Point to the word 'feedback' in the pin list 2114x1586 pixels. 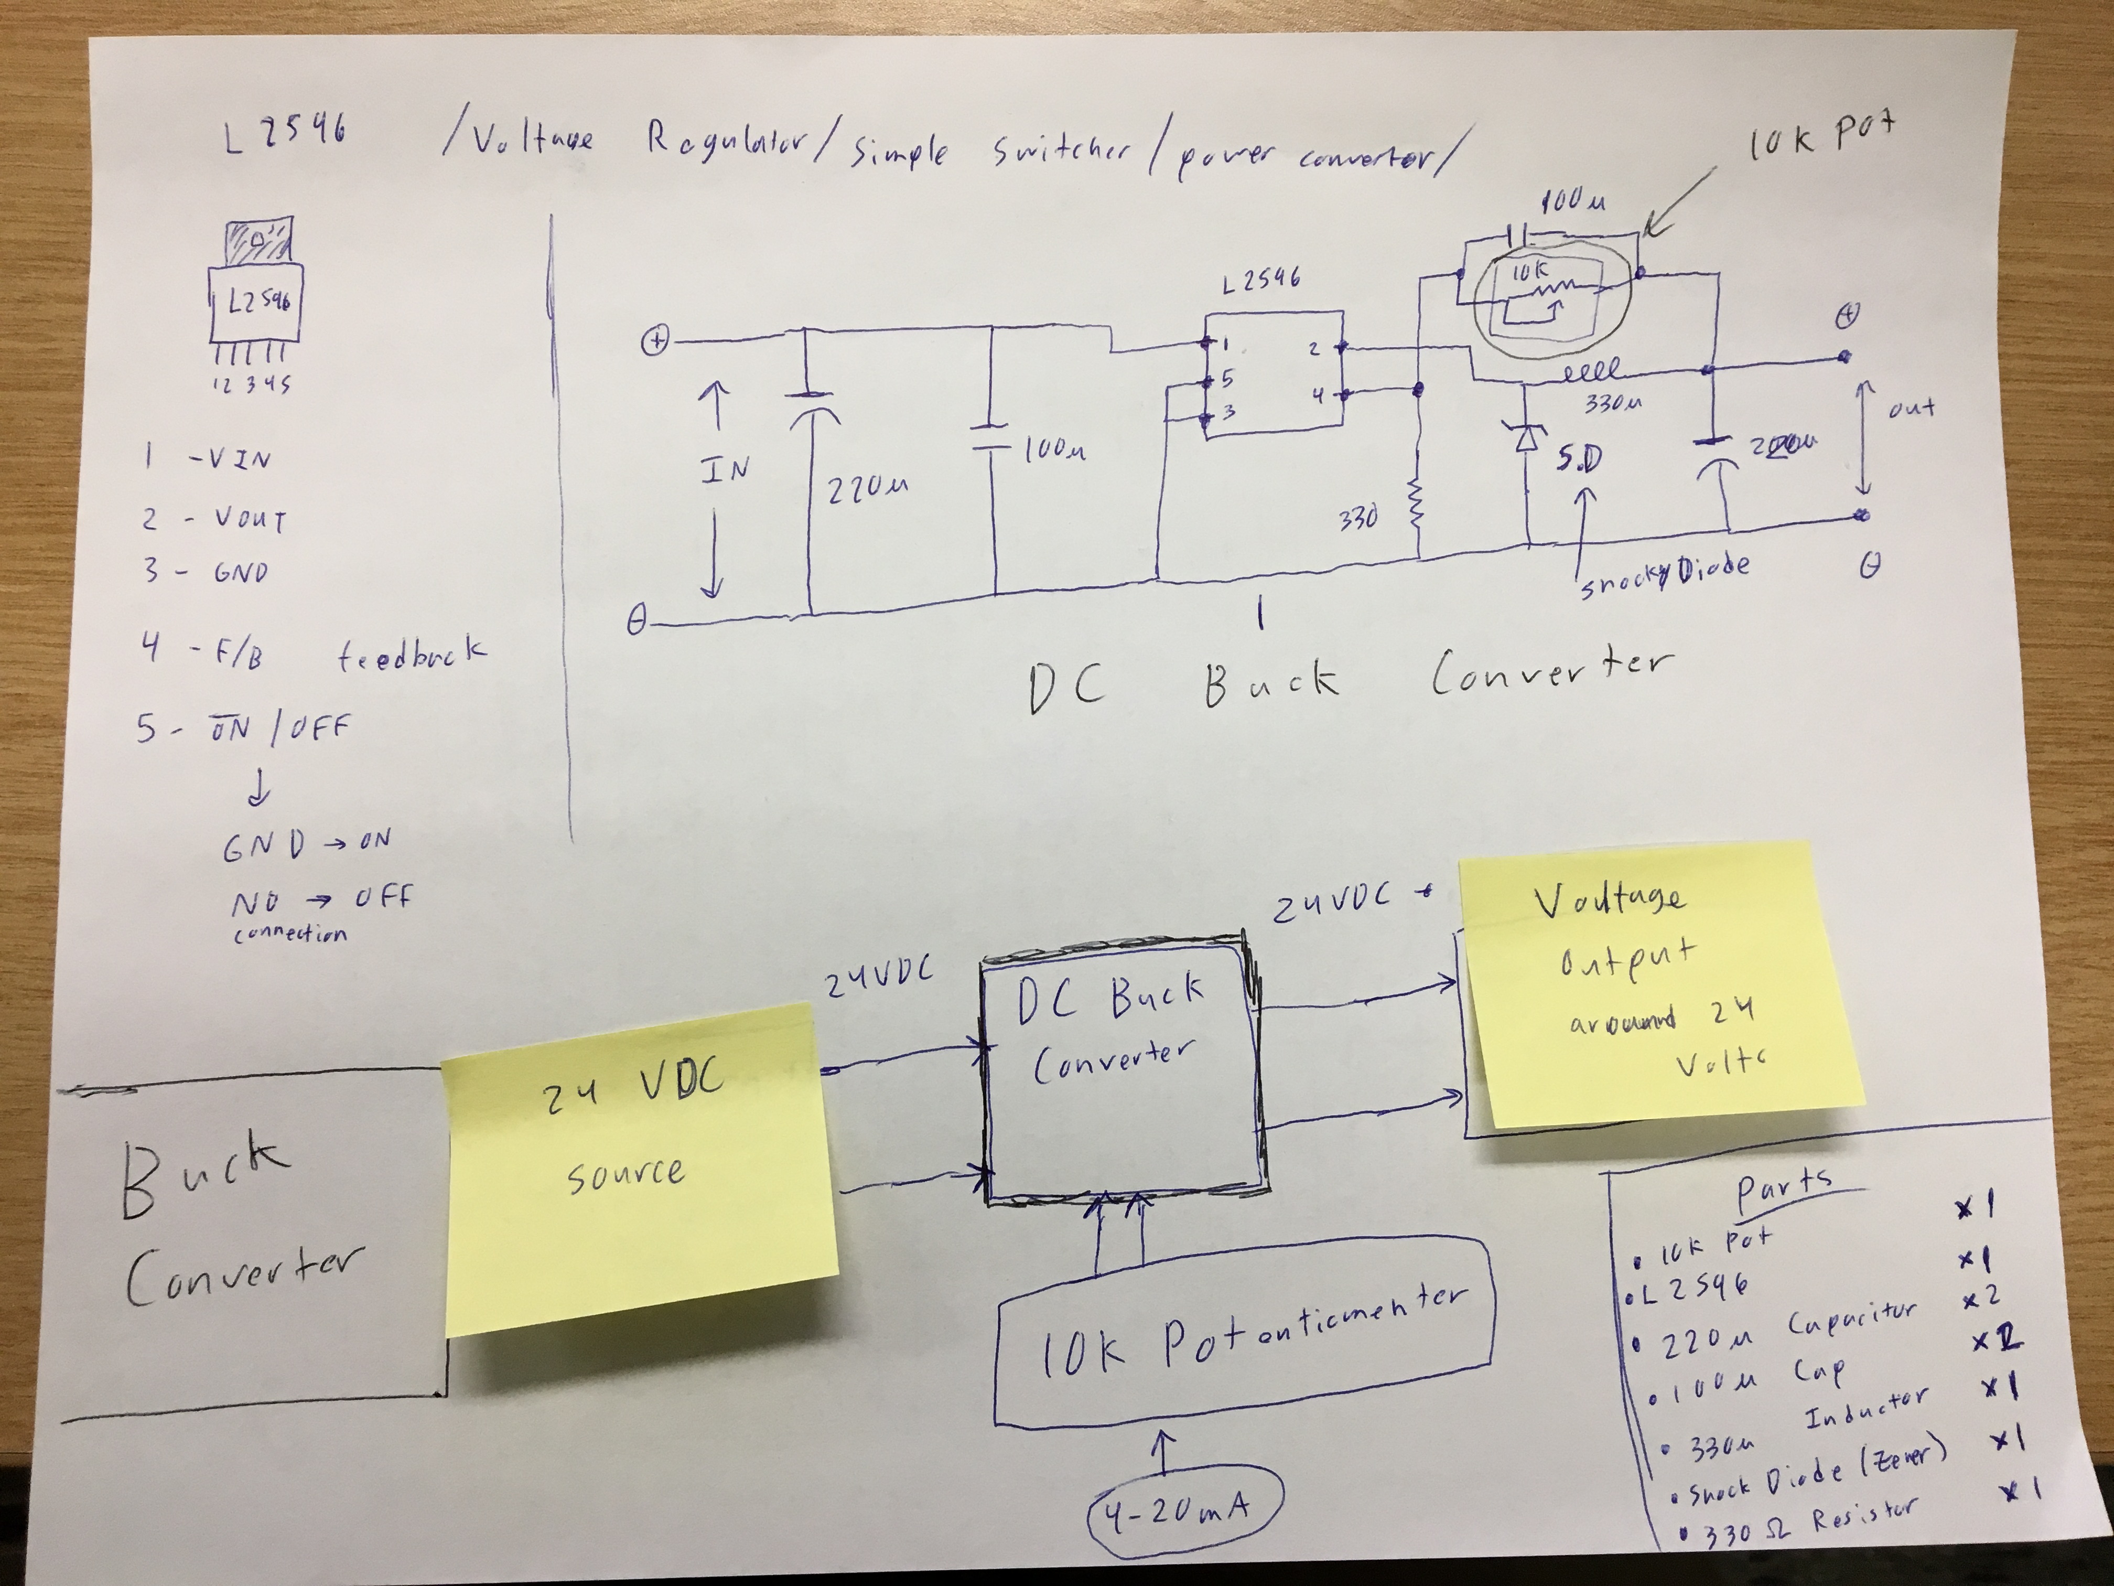click(x=411, y=655)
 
